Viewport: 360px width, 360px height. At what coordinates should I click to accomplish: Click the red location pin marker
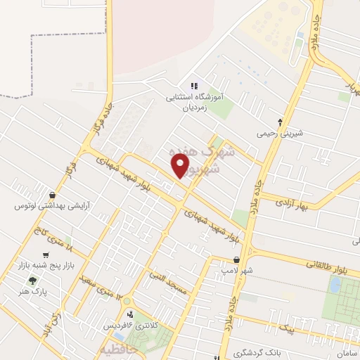[181, 166]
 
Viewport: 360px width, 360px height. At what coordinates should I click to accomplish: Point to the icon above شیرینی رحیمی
[280, 121]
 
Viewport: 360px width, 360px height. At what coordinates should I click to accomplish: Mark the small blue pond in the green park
[335, 285]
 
